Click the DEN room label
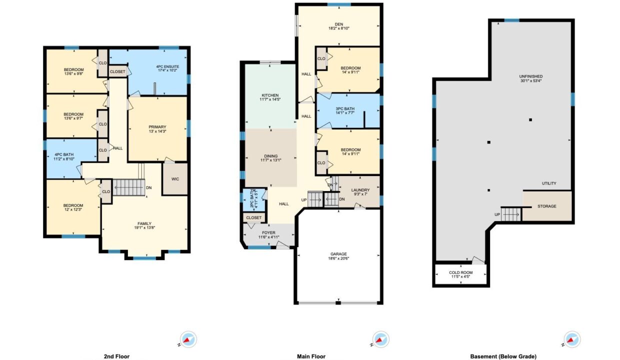coord(339,24)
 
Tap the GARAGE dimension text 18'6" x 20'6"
coord(338,258)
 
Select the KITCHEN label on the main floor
coord(270,95)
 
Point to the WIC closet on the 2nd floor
coord(175,179)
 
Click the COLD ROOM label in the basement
coord(461,272)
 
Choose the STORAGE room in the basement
coord(547,206)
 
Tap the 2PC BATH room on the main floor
coord(254,200)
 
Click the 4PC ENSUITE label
coord(167,66)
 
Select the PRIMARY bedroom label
coord(157,127)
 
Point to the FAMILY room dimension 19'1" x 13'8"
coord(144,227)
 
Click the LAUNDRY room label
coord(360,190)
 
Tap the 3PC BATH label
coord(345,108)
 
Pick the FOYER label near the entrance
coord(269,232)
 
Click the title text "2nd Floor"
coord(116,356)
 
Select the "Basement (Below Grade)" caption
coord(503,356)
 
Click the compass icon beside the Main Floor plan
coord(381,339)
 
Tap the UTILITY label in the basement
coord(549,183)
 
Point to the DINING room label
coord(270,156)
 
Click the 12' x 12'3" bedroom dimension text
coord(73,209)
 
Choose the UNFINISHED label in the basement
coord(531,76)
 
